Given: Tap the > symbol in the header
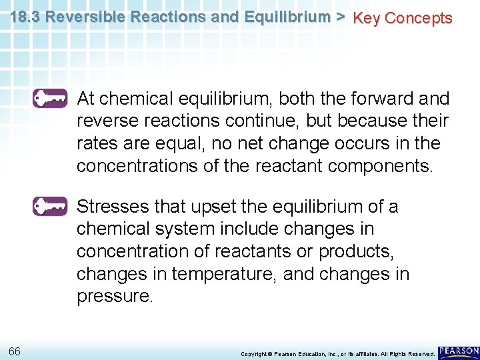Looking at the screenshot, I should coord(340,17).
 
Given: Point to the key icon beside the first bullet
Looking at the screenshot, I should coord(50,98).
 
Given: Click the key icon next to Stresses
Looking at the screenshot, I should coord(50,206).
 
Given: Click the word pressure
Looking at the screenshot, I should coord(115,297).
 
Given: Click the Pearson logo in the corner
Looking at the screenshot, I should coord(459,351).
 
